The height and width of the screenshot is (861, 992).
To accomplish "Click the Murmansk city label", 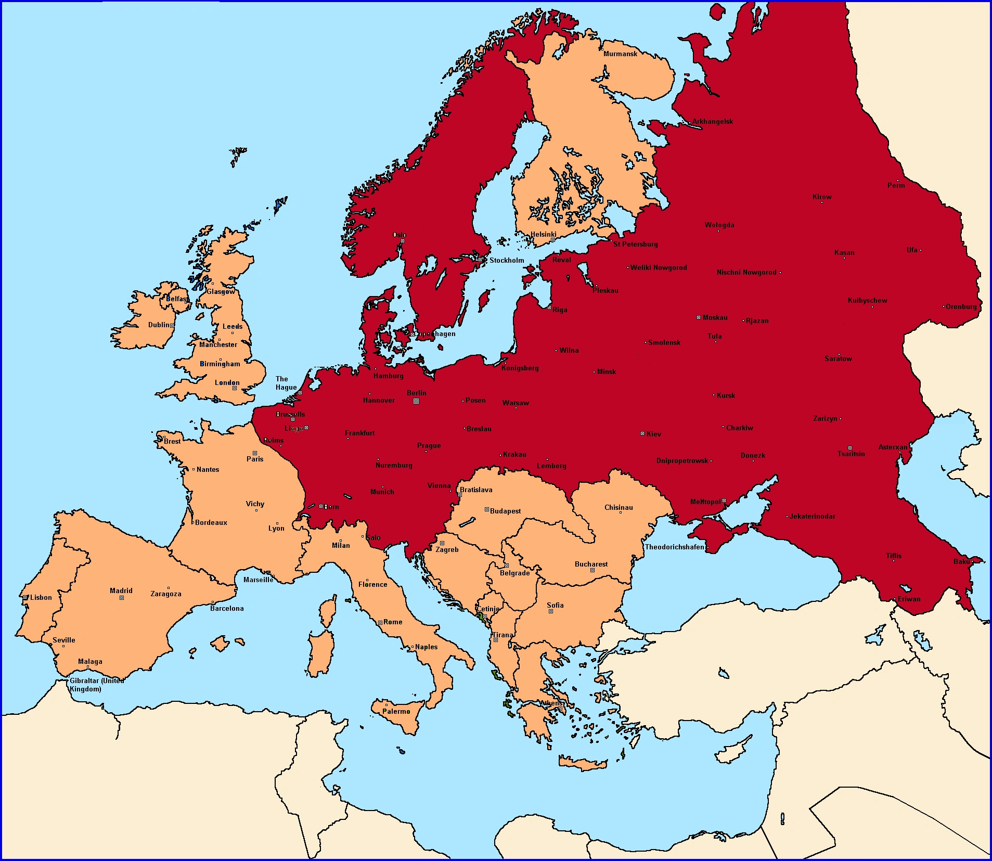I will pos(620,54).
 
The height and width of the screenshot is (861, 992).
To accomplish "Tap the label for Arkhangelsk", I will pos(712,121).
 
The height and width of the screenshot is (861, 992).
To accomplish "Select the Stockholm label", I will pos(507,260).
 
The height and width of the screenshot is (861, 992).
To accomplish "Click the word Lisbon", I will pos(41,597).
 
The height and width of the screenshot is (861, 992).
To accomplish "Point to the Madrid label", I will pos(121,590).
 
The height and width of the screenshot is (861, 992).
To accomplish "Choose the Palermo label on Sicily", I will pos(396,711).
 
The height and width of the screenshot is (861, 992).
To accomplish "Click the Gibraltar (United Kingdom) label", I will pos(96,685).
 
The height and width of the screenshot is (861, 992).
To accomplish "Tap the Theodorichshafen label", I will pos(674,547).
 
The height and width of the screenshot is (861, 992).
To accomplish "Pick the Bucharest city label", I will pos(591,564).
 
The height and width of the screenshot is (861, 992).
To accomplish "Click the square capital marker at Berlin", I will pos(416,401).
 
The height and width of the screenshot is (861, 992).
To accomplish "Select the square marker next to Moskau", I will pos(699,317).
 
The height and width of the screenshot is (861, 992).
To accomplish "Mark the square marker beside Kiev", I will pos(642,433).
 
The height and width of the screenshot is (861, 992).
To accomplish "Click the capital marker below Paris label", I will pos(255,453).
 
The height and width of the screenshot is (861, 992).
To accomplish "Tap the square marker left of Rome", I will pos(380,622).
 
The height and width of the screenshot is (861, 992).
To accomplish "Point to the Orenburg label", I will pos(961,306).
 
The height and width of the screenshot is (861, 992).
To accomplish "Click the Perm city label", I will pos(896,185).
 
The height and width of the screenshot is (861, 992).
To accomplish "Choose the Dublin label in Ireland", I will pos(159,325).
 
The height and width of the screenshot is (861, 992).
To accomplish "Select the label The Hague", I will pos(286,383).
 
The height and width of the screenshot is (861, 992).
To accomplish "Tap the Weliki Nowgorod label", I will pos(659,267).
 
